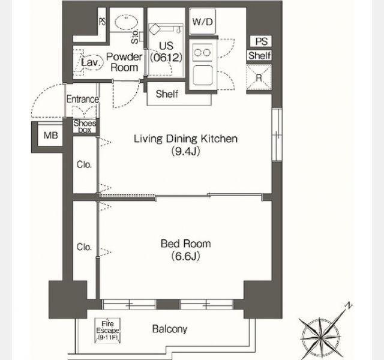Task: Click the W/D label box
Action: coord(203,22)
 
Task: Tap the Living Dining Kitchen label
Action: coord(185,139)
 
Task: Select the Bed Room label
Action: coord(185,244)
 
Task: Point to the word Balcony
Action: coord(170,329)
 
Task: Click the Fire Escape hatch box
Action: coord(107,331)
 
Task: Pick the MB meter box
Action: coord(50,135)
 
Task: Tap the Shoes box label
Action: coord(85,127)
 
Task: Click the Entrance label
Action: coord(83,99)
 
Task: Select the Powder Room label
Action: coord(124,62)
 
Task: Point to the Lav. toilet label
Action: coord(91,62)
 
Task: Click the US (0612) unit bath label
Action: coord(166,52)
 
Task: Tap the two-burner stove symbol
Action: coord(202,52)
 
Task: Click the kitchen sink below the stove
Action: coord(203,76)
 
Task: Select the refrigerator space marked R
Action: coord(259,77)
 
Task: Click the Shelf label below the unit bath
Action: coord(167,94)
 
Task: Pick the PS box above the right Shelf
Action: coord(261,41)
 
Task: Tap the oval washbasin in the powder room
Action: coord(127,22)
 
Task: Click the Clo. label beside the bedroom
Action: coord(84,247)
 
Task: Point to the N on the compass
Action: coord(349,305)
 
